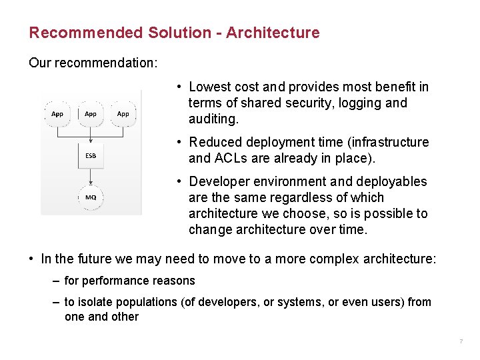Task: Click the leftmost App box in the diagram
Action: [x=57, y=113]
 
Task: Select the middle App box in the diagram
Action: [x=91, y=113]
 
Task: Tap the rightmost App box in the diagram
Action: [x=123, y=113]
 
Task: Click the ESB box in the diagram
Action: [x=91, y=155]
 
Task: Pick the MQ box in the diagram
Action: [x=91, y=197]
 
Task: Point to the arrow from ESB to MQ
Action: [x=91, y=176]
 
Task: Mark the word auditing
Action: [x=213, y=119]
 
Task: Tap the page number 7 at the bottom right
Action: [x=460, y=342]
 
